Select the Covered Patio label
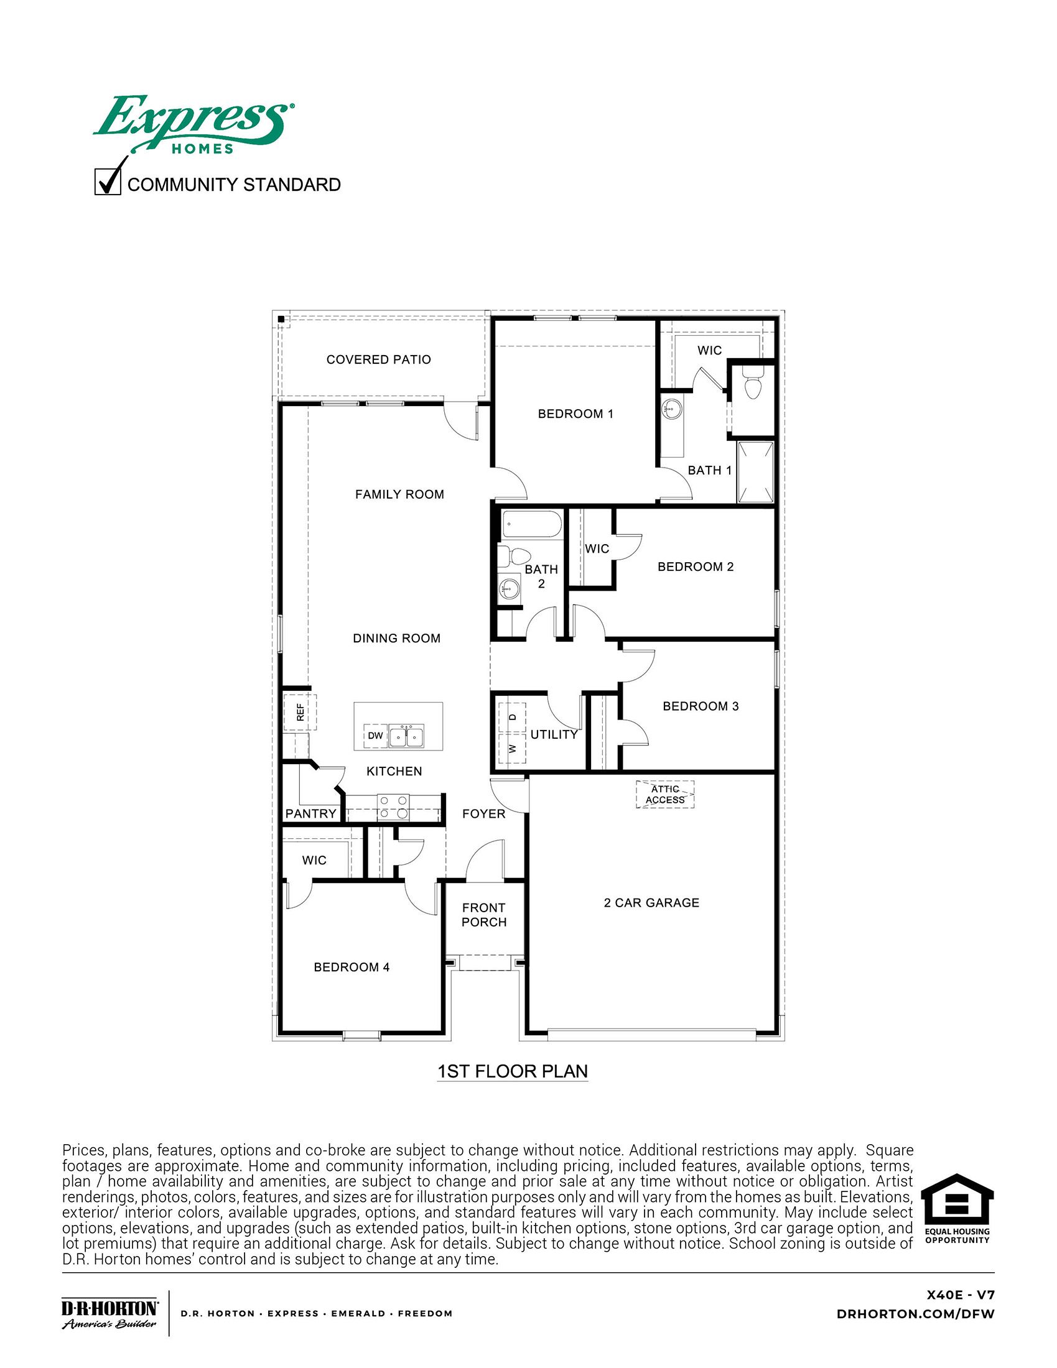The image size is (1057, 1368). pyautogui.click(x=378, y=359)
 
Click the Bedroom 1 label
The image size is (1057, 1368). pyautogui.click(x=575, y=414)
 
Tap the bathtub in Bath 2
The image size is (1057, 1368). pyautogui.click(x=532, y=524)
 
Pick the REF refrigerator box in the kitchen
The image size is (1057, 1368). pyautogui.click(x=300, y=712)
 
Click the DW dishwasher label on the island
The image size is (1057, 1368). pyautogui.click(x=375, y=736)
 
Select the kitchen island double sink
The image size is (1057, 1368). pyautogui.click(x=407, y=736)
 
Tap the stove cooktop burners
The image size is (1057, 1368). pyautogui.click(x=393, y=807)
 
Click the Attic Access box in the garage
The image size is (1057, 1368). pyautogui.click(x=665, y=794)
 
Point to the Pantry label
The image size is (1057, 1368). pyautogui.click(x=311, y=814)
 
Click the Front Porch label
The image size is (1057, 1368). pyautogui.click(x=483, y=915)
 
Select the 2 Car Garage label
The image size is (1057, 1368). pyautogui.click(x=651, y=903)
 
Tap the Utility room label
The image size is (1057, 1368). pyautogui.click(x=554, y=734)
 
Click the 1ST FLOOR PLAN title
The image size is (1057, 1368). pyautogui.click(x=512, y=1071)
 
